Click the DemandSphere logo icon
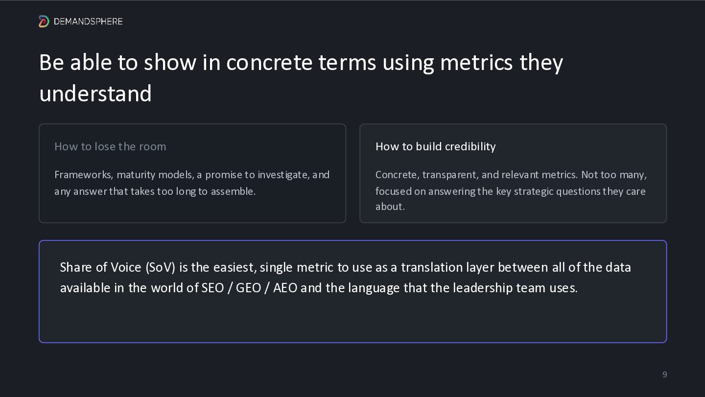pyautogui.click(x=44, y=22)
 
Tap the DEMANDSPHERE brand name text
pyautogui.click(x=88, y=22)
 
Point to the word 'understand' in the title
pyautogui.click(x=95, y=93)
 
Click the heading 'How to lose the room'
pyautogui.click(x=110, y=146)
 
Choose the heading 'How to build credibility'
pyautogui.click(x=436, y=146)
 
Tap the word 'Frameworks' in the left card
pyautogui.click(x=83, y=175)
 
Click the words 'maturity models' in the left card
pyautogui.click(x=156, y=175)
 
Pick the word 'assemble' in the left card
pyautogui.click(x=233, y=191)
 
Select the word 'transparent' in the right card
pyautogui.click(x=450, y=175)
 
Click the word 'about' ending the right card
pyautogui.click(x=390, y=207)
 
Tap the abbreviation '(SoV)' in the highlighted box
pyautogui.click(x=160, y=267)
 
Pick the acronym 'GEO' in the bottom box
pyautogui.click(x=248, y=288)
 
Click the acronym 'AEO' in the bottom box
pyautogui.click(x=285, y=288)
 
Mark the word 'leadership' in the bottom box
pyautogui.click(x=483, y=288)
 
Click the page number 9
pyautogui.click(x=664, y=374)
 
